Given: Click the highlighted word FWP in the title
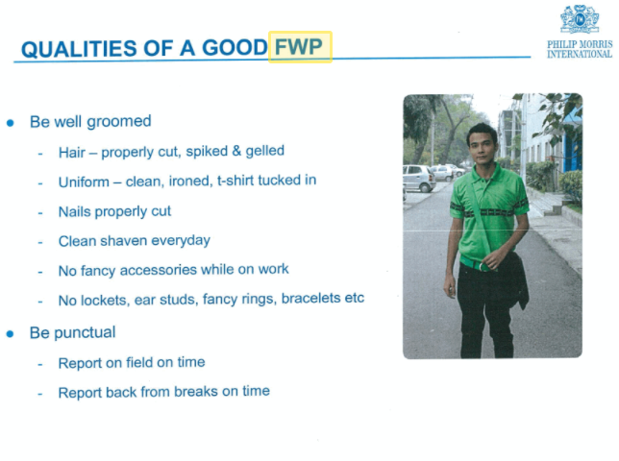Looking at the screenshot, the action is (x=298, y=47).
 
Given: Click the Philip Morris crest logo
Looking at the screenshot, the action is (x=580, y=19).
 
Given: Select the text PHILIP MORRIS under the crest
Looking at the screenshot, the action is (x=580, y=44).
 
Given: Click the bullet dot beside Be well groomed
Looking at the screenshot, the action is (x=11, y=123).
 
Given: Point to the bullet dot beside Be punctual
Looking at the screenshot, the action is (x=11, y=334).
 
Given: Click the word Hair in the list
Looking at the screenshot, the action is (x=72, y=152).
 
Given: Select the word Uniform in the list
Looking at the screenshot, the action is (x=84, y=182).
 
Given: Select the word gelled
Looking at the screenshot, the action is (x=265, y=152).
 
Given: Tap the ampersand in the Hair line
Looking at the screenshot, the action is (x=236, y=151).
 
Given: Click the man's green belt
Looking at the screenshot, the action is (x=477, y=264).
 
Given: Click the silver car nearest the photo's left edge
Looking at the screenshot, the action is (x=419, y=178).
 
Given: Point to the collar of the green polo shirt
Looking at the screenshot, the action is (x=486, y=174).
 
